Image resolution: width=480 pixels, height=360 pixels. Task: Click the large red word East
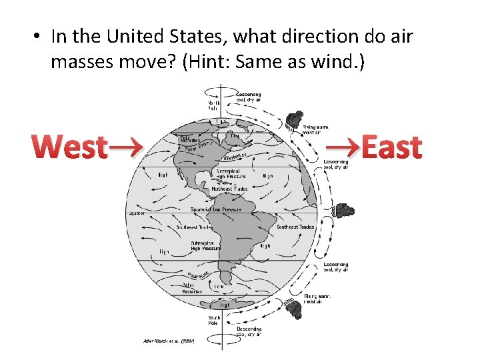pyautogui.click(x=391, y=147)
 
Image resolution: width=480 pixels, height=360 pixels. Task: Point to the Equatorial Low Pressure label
pyautogui.click(x=216, y=209)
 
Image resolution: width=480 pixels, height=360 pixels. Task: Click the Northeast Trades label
pyautogui.click(x=229, y=189)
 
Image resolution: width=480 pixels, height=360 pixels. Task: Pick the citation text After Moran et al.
pyautogui.click(x=167, y=341)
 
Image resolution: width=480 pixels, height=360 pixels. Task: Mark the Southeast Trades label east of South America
pyautogui.click(x=295, y=227)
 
